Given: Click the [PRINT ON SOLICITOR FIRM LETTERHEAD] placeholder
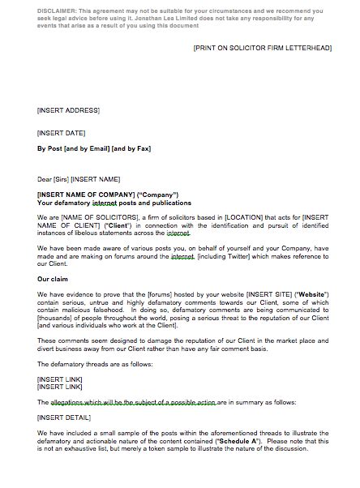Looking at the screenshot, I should (262, 49).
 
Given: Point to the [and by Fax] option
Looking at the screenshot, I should (132, 148).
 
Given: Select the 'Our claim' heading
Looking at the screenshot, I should (54, 280).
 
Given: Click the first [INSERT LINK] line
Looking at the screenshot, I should (59, 378).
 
